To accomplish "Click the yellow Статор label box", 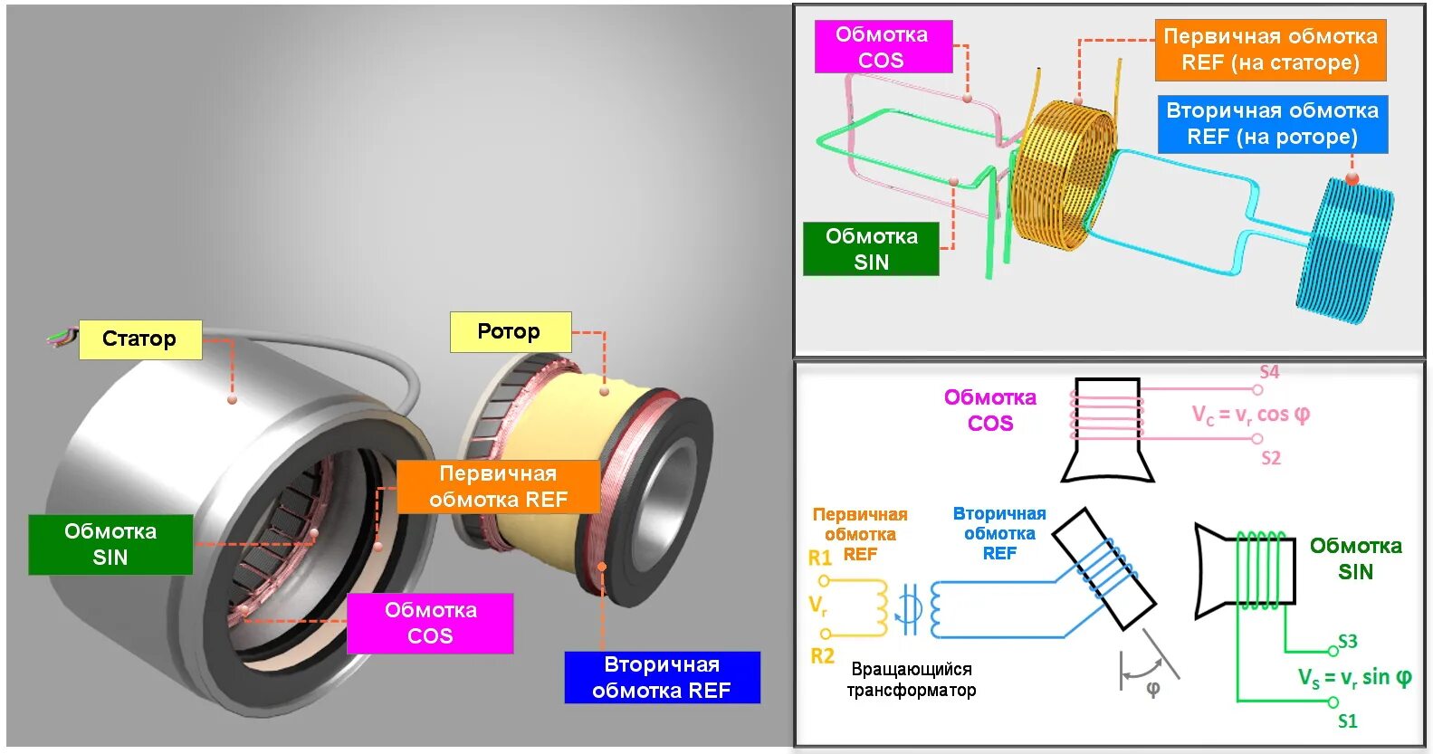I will click(140, 339).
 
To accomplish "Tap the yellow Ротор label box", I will click(511, 332).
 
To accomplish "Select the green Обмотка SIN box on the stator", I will click(110, 544).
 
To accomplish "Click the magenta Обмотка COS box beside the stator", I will click(430, 623).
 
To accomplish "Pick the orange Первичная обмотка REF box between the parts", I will click(498, 487).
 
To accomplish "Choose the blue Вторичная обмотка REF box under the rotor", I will click(662, 677).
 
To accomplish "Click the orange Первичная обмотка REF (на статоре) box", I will click(1270, 50).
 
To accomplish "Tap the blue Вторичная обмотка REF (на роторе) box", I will click(1272, 124).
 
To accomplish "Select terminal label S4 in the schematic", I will click(1269, 372).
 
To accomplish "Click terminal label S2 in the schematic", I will click(1271, 458).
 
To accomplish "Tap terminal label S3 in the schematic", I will click(1348, 641).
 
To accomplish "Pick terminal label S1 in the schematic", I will click(1348, 721).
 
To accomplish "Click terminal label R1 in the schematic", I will click(820, 558).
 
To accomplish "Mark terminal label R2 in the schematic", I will click(822, 656).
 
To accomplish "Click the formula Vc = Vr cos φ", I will click(1250, 415).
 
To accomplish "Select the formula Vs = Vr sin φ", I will click(1354, 678).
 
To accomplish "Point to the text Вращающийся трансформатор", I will click(912, 680).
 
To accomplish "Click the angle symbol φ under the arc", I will click(1152, 690).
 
